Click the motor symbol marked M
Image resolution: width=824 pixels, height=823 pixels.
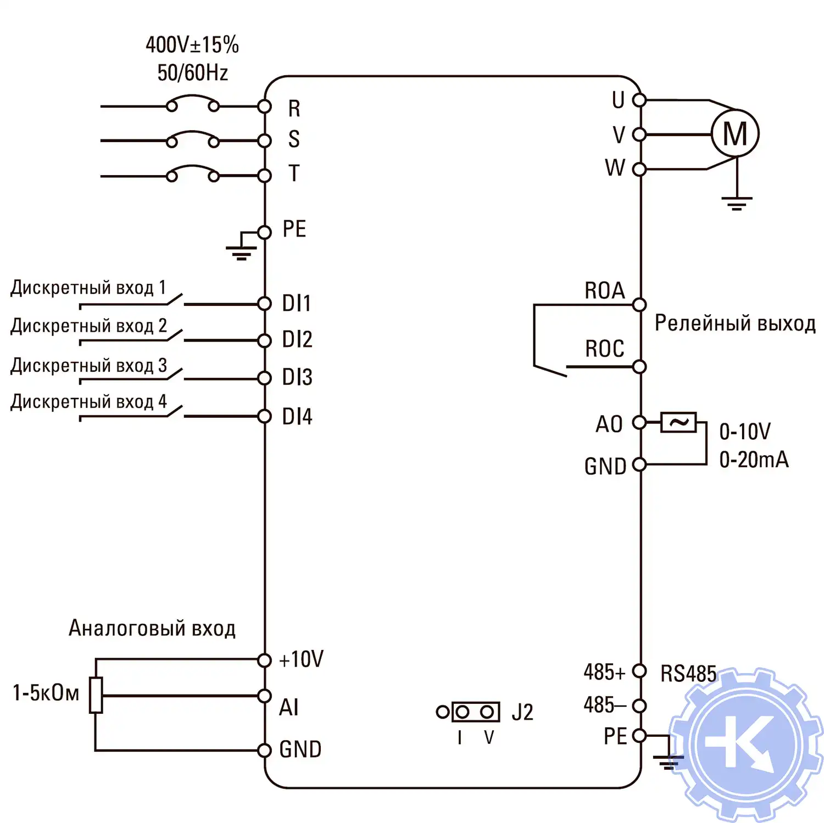click(x=735, y=133)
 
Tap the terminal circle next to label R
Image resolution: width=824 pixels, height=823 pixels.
click(x=264, y=106)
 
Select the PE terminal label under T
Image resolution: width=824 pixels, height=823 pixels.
click(x=294, y=229)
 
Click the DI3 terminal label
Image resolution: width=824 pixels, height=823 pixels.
click(x=297, y=377)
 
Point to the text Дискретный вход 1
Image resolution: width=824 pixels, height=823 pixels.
click(x=88, y=288)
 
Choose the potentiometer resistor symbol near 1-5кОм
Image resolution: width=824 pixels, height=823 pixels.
click(x=96, y=695)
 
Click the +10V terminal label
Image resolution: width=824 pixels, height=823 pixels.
click(x=301, y=659)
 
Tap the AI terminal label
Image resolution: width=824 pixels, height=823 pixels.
click(x=289, y=707)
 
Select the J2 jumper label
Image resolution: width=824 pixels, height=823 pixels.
click(x=522, y=712)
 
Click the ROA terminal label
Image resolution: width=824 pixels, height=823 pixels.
click(x=604, y=290)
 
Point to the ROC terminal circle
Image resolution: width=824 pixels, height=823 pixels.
click(x=639, y=366)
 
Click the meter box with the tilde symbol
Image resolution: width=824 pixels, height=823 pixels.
click(x=678, y=422)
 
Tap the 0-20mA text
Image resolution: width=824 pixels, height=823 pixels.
click(x=754, y=460)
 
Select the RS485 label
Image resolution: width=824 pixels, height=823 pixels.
click(x=688, y=674)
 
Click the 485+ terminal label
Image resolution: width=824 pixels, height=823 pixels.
click(x=604, y=671)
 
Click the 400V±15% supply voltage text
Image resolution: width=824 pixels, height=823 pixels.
click(x=192, y=45)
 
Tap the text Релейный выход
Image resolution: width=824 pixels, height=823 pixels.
click(x=735, y=323)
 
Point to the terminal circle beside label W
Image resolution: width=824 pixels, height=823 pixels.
click(x=639, y=169)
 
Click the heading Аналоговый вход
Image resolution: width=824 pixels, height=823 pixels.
click(x=152, y=628)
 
